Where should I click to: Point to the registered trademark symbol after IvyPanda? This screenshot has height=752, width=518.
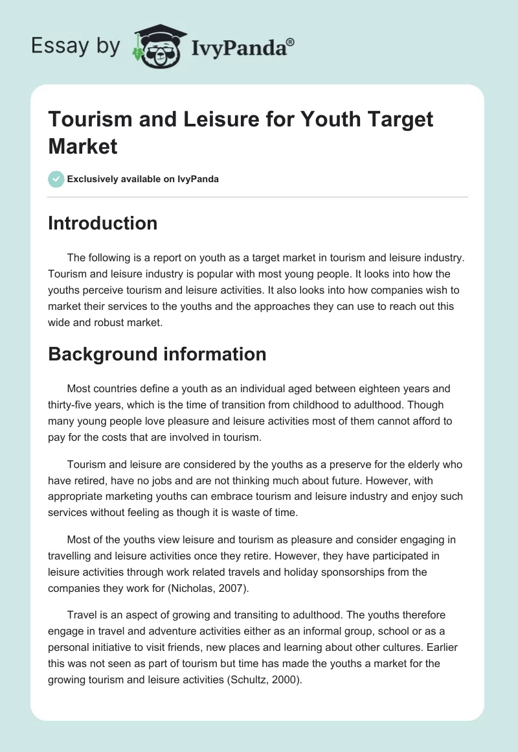(291, 41)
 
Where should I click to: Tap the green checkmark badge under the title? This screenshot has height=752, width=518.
(56, 179)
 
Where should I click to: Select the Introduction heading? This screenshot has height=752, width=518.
(103, 223)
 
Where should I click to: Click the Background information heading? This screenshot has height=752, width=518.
(157, 354)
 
